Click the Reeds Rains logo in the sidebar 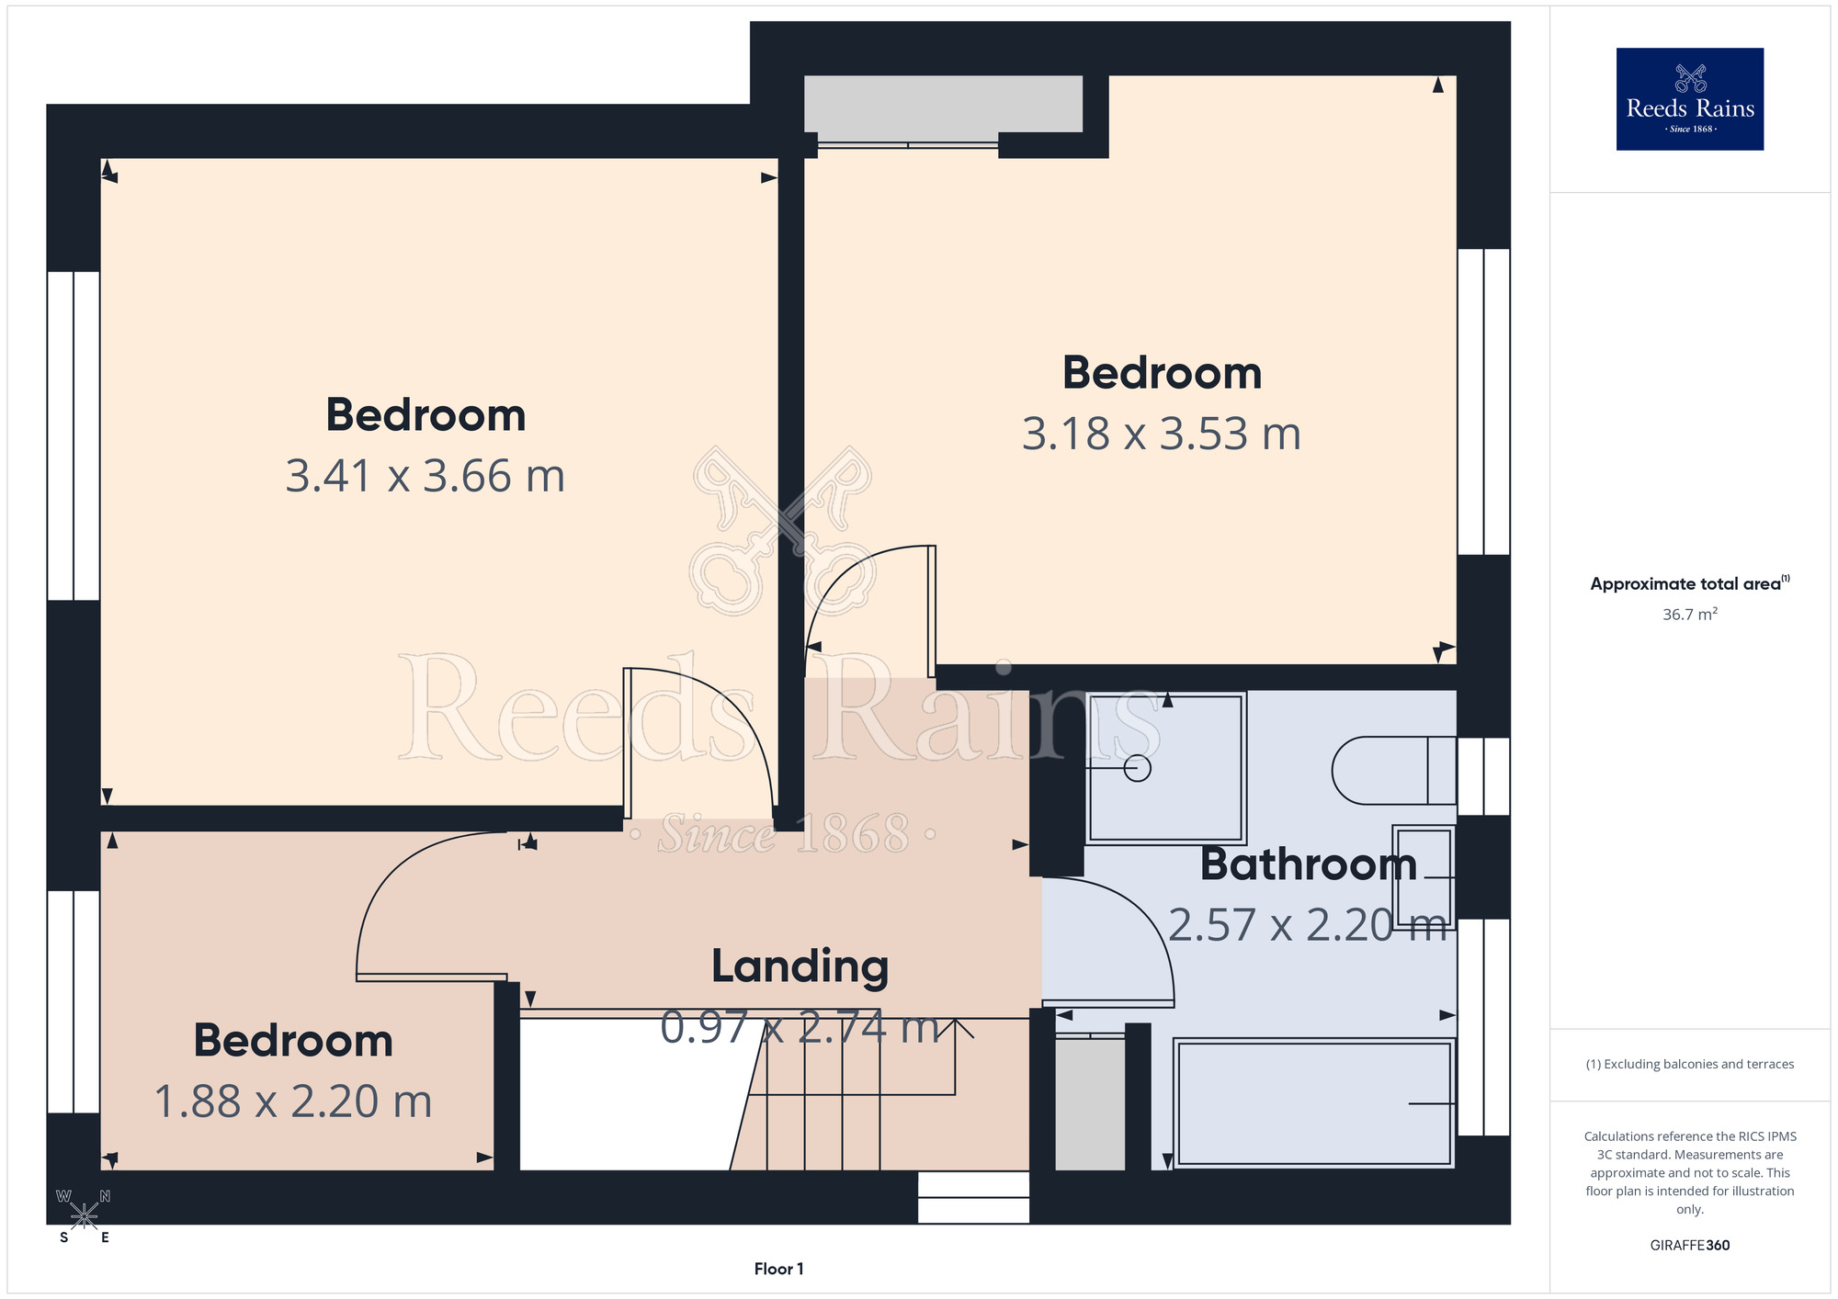click(x=1689, y=99)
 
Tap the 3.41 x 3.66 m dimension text click(x=425, y=476)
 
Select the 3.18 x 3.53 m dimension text click(x=1162, y=434)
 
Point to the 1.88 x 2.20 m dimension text click(x=293, y=1101)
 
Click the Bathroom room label click(x=1309, y=864)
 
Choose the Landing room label click(x=800, y=967)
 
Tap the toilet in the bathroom click(x=1393, y=770)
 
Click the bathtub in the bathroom click(x=1314, y=1102)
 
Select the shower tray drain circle click(x=1138, y=768)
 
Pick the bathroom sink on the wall click(x=1424, y=876)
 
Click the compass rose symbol click(x=84, y=1216)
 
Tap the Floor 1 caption click(x=778, y=1269)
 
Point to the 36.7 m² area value click(x=1689, y=614)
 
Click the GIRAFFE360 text click(x=1689, y=1246)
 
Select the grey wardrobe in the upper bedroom click(x=943, y=104)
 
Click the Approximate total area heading click(x=1689, y=583)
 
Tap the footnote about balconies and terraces click(x=1689, y=1064)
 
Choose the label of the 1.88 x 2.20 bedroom click(x=293, y=1041)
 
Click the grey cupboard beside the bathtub click(x=1090, y=1104)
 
